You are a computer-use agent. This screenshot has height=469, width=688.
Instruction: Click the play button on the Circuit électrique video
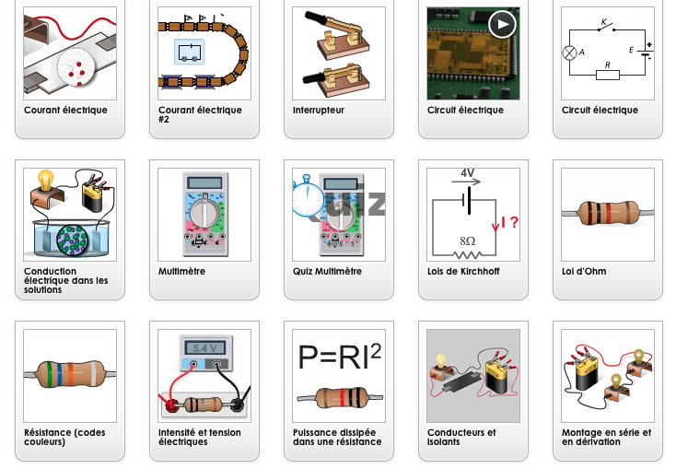501,24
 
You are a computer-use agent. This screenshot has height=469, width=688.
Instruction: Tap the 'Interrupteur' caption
318,111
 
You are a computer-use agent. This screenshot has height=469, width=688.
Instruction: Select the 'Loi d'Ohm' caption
584,272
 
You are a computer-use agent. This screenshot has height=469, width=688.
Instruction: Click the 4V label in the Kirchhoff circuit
467,173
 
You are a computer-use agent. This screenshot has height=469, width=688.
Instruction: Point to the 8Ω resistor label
468,240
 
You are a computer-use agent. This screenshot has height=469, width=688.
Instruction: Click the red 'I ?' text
509,222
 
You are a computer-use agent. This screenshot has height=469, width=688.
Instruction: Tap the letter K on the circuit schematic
604,20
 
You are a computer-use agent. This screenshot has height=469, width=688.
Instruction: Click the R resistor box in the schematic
607,75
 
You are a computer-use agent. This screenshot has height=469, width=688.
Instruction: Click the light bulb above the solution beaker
46,179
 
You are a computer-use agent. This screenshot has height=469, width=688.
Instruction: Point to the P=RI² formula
339,357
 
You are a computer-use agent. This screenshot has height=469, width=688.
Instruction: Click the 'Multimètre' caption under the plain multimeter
181,272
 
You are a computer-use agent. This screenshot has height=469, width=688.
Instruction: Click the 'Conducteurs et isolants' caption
461,437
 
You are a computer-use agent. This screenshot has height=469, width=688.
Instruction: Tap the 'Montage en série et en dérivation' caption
606,437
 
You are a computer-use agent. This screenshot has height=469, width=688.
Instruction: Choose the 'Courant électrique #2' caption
200,114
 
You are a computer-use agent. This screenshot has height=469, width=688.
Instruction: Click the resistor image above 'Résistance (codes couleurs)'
70,375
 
